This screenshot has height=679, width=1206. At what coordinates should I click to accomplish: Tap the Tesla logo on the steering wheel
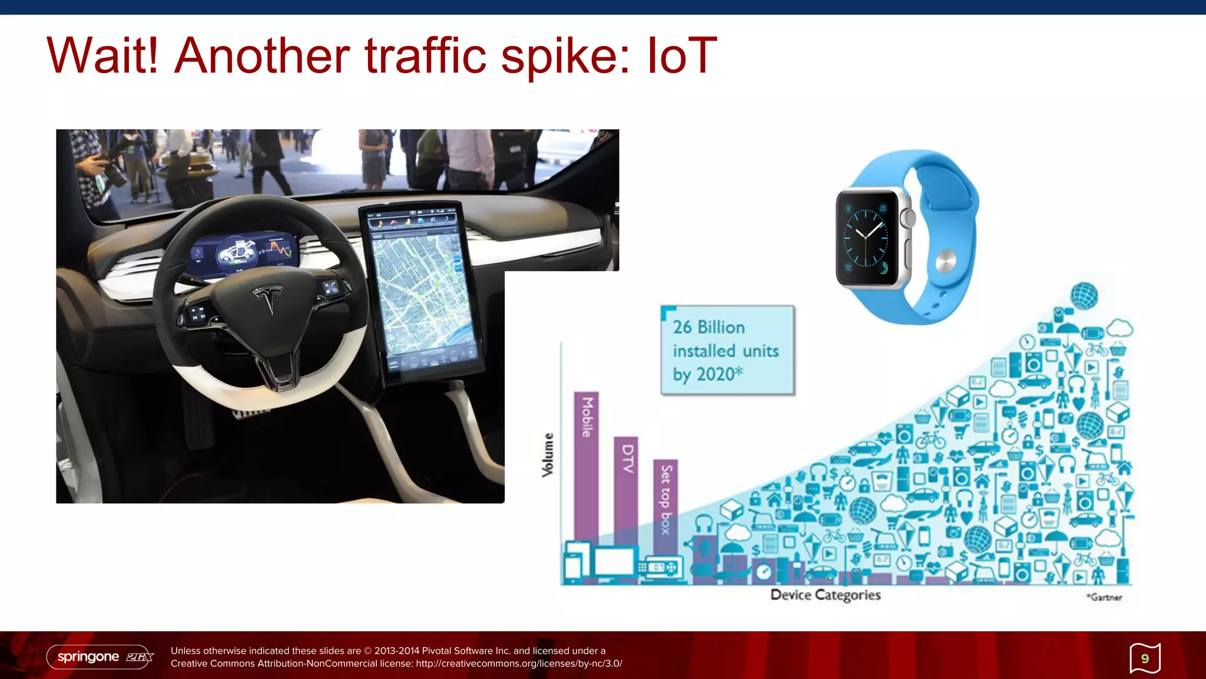268,298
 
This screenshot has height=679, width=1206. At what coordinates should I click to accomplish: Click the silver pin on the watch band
946,261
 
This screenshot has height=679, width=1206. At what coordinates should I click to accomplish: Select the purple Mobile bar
586,466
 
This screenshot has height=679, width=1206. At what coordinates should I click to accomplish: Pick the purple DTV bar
626,489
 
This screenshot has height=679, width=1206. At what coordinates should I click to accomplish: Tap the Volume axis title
548,454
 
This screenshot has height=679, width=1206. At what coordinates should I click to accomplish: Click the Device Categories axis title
826,595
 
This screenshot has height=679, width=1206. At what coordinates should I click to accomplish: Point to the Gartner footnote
1105,597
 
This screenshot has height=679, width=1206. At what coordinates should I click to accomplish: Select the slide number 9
1145,658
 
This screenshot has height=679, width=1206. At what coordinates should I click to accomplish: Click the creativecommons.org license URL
519,664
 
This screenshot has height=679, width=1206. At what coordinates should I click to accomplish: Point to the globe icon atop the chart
1084,295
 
